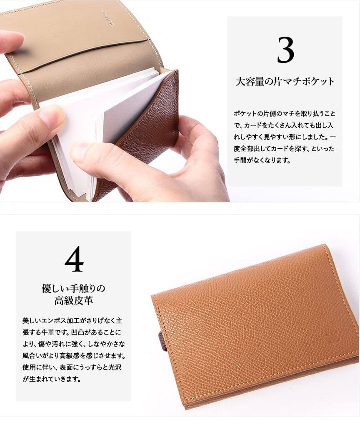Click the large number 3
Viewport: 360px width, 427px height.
click(285, 50)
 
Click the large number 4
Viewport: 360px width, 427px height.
click(74, 259)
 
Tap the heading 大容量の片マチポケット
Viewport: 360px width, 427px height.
click(285, 81)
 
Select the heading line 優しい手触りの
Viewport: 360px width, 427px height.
click(73, 288)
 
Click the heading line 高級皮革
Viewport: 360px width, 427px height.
click(73, 301)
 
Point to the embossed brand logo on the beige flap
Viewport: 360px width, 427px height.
click(111, 17)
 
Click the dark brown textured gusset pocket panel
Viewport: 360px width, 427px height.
click(147, 131)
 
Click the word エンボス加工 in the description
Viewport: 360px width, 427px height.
click(57, 320)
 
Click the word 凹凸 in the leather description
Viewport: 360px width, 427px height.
click(77, 332)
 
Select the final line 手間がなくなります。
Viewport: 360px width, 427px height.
click(262, 160)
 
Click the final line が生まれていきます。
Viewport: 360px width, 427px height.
click(52, 379)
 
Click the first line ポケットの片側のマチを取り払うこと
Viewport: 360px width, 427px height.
click(284, 114)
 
